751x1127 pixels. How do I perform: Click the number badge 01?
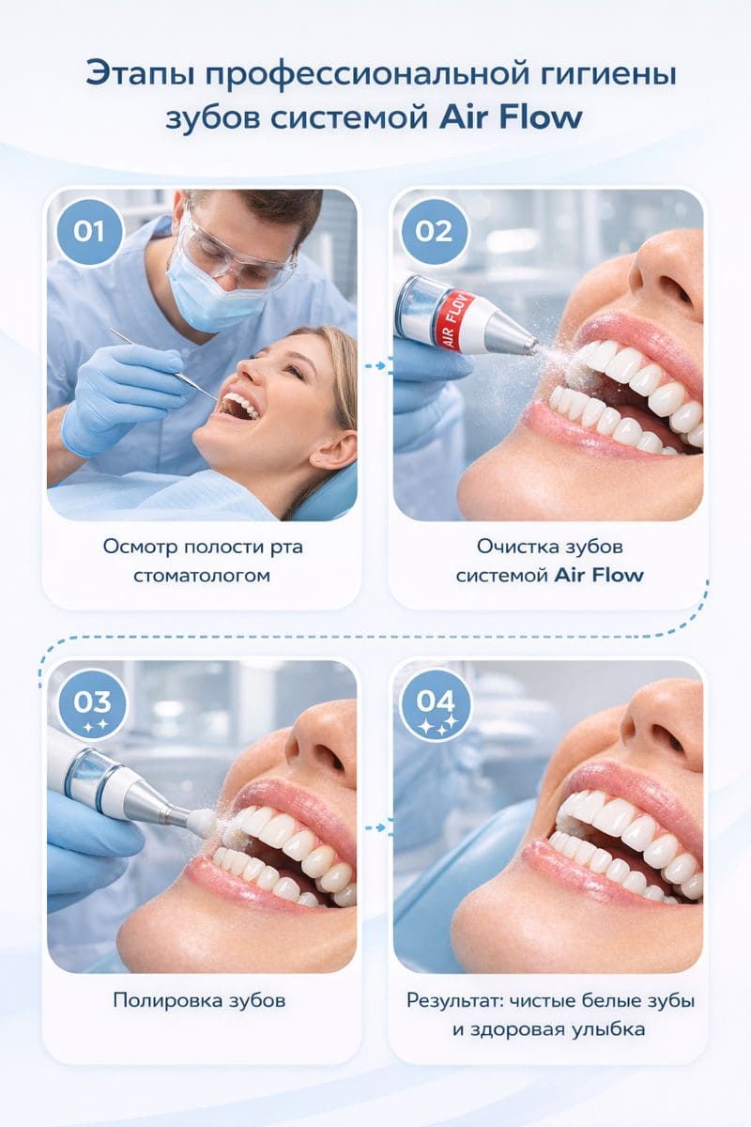89,231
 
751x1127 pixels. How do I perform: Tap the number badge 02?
434,231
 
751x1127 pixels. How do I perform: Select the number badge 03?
92,705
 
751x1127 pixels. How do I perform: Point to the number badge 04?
436,705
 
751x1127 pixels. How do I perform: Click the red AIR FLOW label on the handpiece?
458,320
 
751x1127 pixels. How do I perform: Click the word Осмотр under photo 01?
139,547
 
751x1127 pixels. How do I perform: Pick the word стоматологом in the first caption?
202,575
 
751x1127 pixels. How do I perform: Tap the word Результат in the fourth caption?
454,1011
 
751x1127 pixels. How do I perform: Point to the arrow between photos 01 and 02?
375,365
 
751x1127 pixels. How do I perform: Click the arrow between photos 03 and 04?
375,827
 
